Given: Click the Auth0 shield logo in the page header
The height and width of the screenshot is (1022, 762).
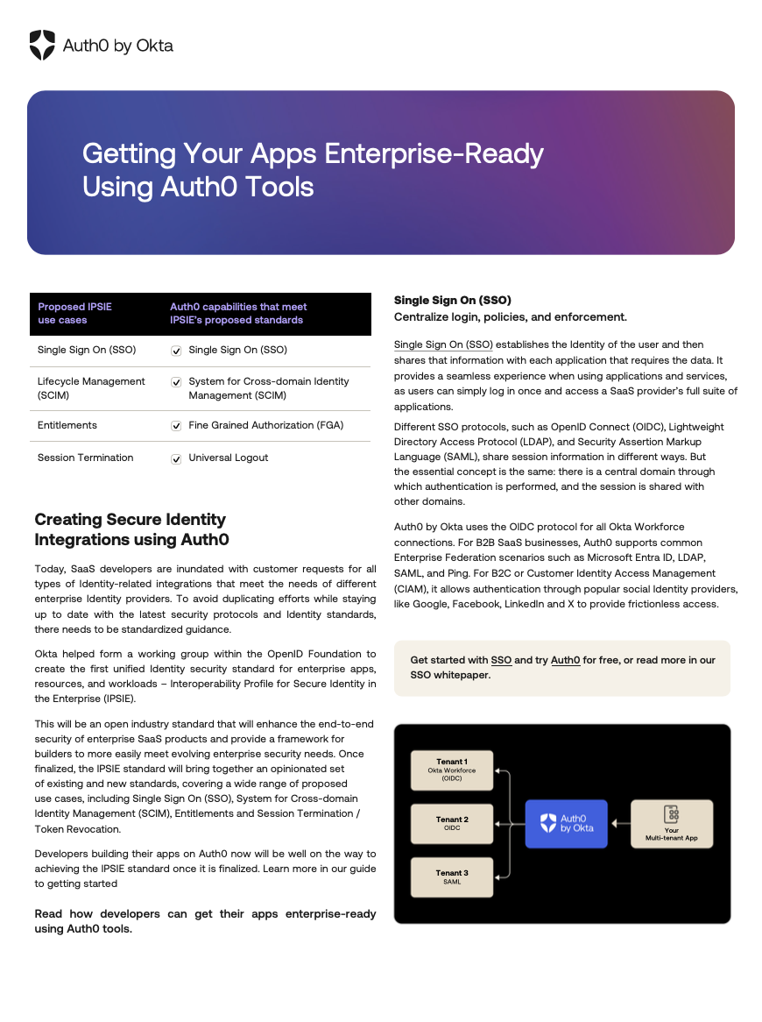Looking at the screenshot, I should click(x=42, y=45).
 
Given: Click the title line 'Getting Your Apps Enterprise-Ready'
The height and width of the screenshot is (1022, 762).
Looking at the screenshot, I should click(x=313, y=153).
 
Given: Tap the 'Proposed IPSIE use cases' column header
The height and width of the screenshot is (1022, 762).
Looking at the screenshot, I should click(x=74, y=314).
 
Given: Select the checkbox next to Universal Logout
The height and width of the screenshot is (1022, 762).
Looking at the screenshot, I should click(x=176, y=458).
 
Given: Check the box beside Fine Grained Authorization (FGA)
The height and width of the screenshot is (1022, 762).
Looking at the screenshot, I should click(x=176, y=426).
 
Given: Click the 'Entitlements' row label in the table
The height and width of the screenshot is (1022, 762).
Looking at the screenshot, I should click(x=67, y=425).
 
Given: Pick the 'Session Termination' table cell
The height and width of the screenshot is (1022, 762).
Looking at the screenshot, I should click(x=86, y=458).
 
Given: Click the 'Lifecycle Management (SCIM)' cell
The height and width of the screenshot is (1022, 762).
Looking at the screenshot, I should click(x=91, y=388).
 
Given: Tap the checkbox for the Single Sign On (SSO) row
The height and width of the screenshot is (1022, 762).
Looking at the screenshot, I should click(x=176, y=351).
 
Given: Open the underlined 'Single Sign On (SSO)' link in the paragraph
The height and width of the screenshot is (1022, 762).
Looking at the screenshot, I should click(x=443, y=344).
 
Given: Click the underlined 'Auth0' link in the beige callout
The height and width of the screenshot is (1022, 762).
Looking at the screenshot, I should click(x=565, y=660).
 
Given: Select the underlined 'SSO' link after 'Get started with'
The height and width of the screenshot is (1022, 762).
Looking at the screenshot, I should click(x=501, y=660).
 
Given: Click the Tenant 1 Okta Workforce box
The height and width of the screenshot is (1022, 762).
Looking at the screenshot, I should click(x=452, y=770).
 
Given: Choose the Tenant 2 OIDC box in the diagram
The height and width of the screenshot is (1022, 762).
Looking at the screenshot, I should click(x=452, y=824).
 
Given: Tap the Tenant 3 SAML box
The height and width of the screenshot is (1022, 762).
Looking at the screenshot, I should click(x=452, y=877).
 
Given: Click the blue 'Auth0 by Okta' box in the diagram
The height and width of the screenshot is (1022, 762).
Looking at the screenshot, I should click(x=566, y=823).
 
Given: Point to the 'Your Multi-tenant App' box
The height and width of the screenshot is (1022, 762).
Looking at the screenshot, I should click(x=672, y=823).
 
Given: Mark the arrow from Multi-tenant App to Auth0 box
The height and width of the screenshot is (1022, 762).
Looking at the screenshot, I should click(x=620, y=823).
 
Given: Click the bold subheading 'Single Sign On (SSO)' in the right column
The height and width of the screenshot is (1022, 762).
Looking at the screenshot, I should click(x=452, y=300).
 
